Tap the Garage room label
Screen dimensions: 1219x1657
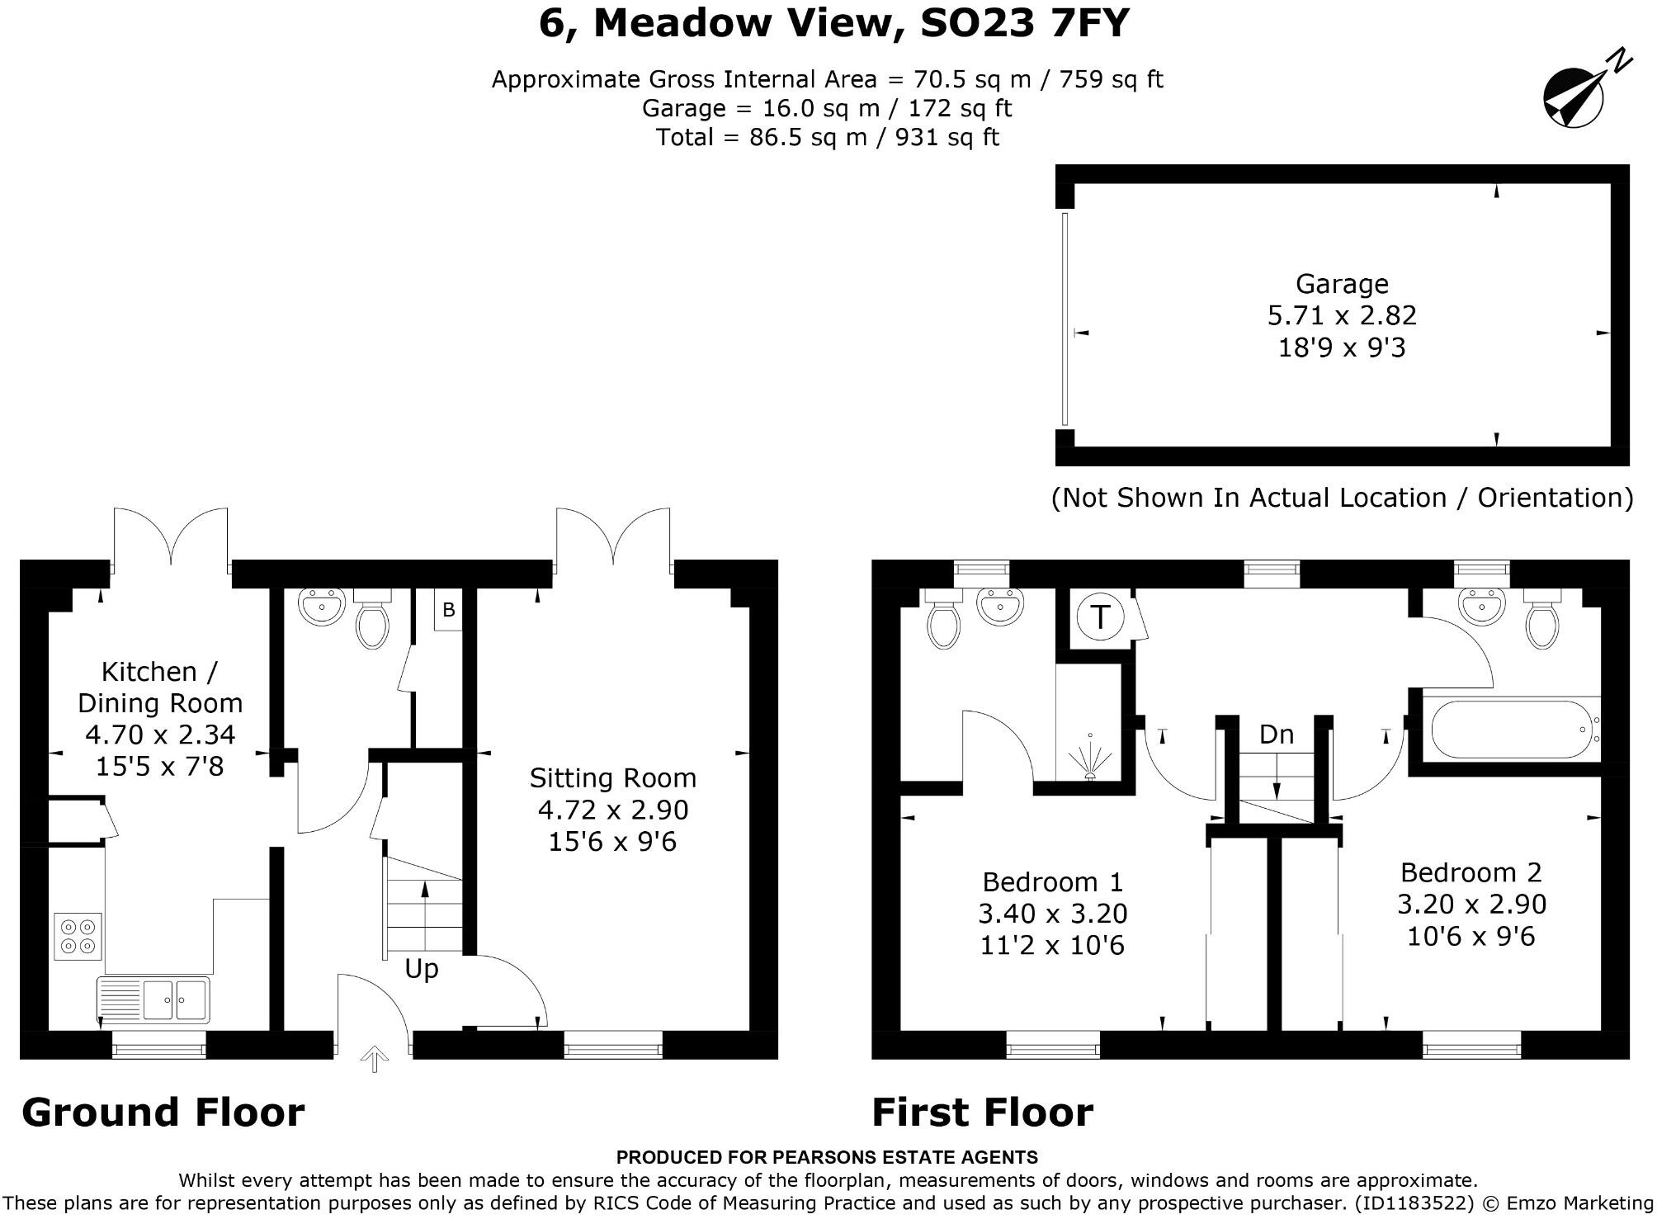[1342, 284]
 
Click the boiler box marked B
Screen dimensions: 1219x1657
[448, 611]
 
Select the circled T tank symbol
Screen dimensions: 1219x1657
[1100, 617]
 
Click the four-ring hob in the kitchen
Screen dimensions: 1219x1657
[78, 936]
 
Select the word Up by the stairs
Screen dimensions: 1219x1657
[421, 968]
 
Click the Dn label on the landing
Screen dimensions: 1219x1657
[1276, 734]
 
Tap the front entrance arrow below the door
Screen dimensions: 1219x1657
[375, 1059]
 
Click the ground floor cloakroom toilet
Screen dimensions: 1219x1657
[372, 625]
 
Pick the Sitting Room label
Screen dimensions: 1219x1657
[612, 777]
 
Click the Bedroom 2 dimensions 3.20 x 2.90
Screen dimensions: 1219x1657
[1471, 904]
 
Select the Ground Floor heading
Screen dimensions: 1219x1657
[163, 1112]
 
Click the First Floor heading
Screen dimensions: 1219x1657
[982, 1112]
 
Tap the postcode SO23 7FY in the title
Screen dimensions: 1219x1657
[1023, 23]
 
